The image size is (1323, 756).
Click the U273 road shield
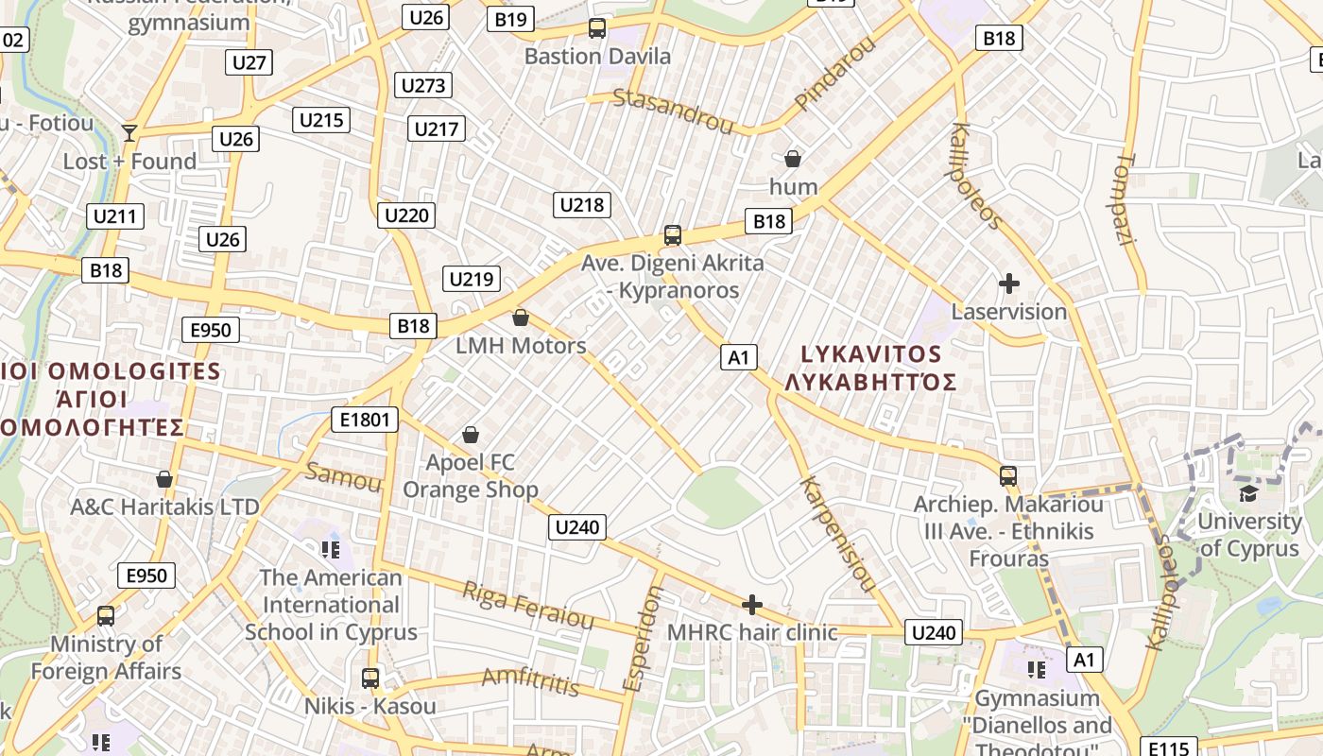point(423,86)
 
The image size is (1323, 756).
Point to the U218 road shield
point(582,205)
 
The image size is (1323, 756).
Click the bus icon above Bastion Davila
point(597,28)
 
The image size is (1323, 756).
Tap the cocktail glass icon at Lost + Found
point(129,133)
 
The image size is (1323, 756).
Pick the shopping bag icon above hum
point(793,159)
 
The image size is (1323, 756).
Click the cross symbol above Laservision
point(1009,283)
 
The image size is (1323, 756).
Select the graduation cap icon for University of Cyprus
point(1249,493)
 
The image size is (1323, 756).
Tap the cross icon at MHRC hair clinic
point(752,605)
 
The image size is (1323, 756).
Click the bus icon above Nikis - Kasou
point(370,678)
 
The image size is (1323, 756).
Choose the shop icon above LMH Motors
point(521,318)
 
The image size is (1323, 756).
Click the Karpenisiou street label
point(837,534)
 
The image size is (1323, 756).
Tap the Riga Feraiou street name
point(527,606)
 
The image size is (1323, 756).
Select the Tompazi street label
point(1124,199)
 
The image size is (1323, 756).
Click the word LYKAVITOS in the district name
point(871,354)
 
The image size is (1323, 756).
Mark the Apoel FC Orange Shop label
point(471,476)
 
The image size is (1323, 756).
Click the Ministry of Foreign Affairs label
point(106,658)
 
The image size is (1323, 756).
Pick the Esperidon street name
point(643,638)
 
